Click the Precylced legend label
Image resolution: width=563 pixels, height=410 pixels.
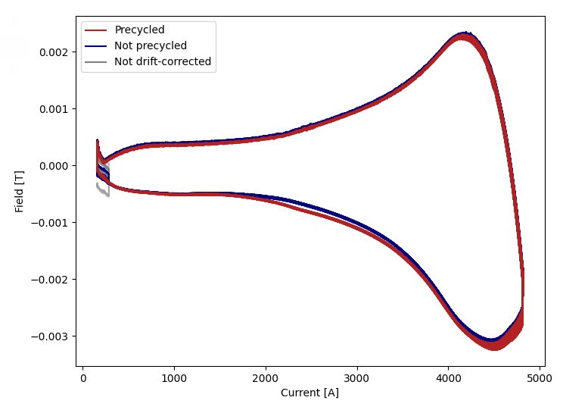(x=139, y=30)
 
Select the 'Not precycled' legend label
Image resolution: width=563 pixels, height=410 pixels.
(x=151, y=46)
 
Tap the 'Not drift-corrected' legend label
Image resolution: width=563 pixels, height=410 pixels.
(x=163, y=61)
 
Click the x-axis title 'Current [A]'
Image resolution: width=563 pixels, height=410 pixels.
(x=309, y=393)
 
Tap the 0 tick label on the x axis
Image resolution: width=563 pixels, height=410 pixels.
(x=83, y=377)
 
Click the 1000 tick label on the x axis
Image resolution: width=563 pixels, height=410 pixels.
(x=174, y=377)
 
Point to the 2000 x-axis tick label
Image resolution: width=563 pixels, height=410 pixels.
(x=266, y=377)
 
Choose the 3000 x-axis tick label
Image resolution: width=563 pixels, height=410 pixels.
(x=357, y=377)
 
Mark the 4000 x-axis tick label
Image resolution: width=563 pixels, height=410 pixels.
(x=449, y=377)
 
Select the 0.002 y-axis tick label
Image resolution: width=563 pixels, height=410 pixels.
(x=53, y=52)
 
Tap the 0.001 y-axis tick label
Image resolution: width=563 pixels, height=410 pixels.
(x=53, y=108)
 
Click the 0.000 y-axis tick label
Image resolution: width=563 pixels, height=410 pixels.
(x=53, y=165)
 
